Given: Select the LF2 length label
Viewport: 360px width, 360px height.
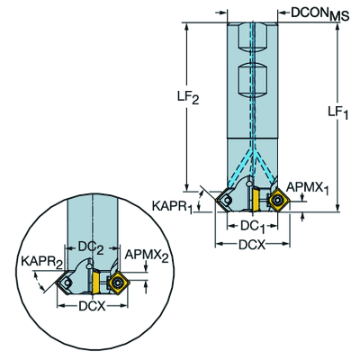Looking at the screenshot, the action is coord(188,97).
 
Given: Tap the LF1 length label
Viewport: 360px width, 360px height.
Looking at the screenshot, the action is coord(338,112).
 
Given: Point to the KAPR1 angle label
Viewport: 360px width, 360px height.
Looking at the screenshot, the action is coord(172,207).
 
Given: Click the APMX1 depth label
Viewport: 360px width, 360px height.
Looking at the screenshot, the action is coord(308,188).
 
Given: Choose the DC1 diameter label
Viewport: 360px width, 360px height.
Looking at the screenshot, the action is coord(253,227).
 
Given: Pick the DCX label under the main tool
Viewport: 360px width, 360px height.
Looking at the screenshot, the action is coord(252,245).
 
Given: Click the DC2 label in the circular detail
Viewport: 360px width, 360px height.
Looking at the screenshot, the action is coord(91,247).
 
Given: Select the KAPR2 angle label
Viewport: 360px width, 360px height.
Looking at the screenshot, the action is coord(41,262).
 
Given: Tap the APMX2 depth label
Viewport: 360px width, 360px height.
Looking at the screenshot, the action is coord(147,256).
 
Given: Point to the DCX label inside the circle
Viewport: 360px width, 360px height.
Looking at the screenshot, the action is coord(92,306).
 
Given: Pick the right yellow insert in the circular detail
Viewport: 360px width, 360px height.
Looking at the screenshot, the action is coord(118,282).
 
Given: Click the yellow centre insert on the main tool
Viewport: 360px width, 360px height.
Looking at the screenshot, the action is coord(256,199).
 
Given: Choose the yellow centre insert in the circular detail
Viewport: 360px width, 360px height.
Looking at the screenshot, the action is coord(96,281).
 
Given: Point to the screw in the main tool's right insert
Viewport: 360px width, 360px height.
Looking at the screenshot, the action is coord(278,200).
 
